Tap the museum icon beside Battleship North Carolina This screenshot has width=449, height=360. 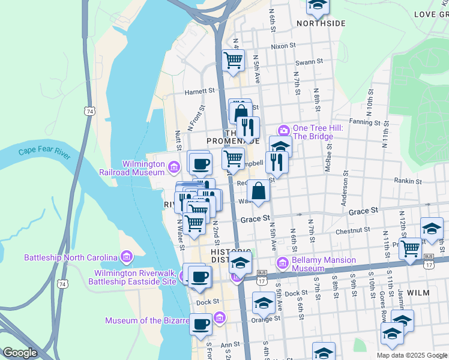coord(126,257)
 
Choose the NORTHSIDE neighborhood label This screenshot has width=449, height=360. coord(321,23)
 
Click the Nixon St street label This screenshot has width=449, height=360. coord(283,46)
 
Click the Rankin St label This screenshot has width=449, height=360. coord(408,181)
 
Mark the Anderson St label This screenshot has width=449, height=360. coord(346,188)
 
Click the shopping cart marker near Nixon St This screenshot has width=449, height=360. coord(232,59)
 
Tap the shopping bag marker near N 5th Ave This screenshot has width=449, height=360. coord(258,191)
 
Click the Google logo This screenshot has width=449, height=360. coord(20,353)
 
